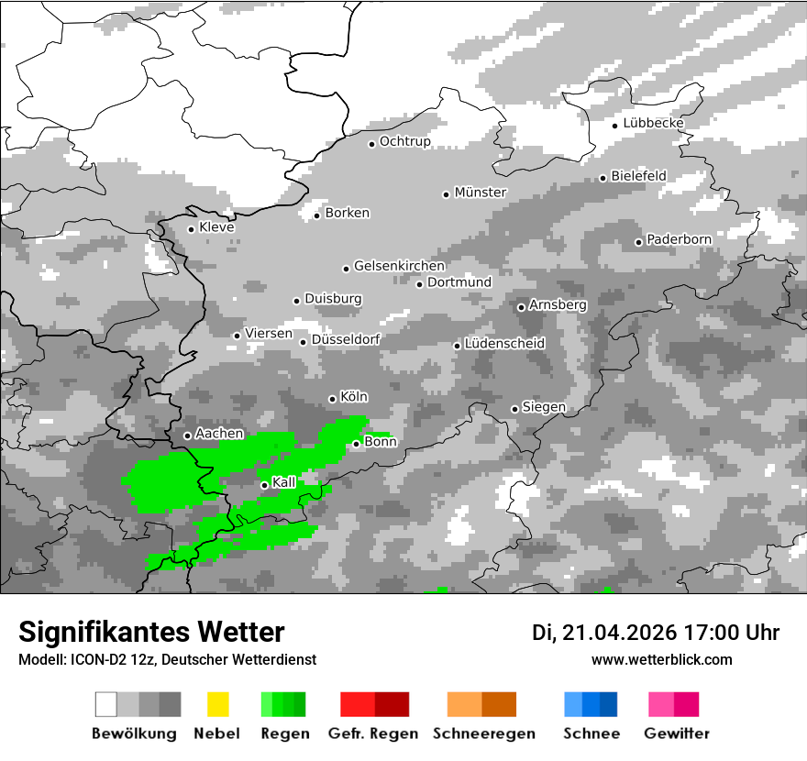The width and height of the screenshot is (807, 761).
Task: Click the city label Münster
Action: click(481, 193)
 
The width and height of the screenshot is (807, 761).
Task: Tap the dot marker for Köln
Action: click(332, 399)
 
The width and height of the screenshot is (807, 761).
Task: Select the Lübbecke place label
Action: click(653, 123)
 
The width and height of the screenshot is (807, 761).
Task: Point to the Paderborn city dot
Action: click(639, 242)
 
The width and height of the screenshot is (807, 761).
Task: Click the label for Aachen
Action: click(220, 434)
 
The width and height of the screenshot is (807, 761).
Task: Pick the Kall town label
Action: click(284, 482)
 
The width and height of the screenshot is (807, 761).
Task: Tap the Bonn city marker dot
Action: click(357, 444)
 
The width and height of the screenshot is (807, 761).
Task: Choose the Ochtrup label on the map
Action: click(405, 141)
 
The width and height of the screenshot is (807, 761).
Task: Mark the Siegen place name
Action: click(544, 407)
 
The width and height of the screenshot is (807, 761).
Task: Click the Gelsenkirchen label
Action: click(399, 266)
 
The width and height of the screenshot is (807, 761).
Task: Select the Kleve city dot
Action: click(191, 229)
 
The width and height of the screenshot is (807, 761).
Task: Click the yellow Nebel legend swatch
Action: click(217, 704)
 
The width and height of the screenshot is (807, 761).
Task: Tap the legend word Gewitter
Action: click(676, 733)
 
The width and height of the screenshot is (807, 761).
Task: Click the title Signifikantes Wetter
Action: click(151, 632)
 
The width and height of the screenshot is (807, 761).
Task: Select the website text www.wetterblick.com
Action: click(662, 659)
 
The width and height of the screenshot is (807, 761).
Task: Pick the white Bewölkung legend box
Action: click(106, 704)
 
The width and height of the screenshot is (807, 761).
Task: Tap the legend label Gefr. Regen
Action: click(373, 733)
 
